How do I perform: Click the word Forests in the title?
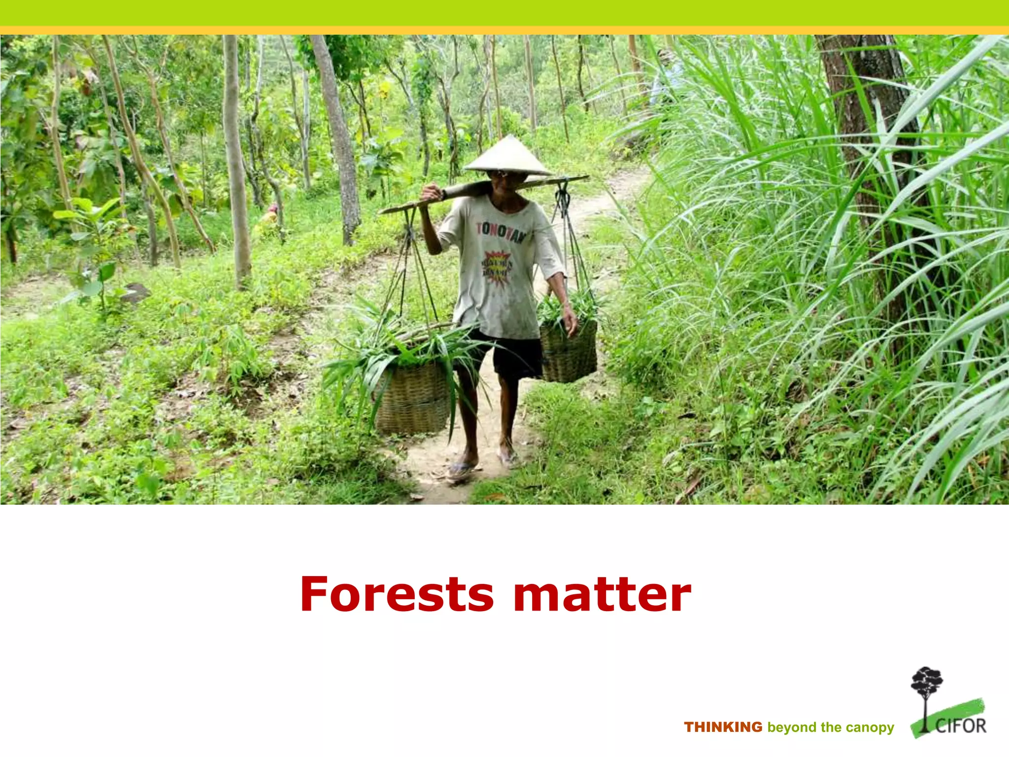click(x=397, y=594)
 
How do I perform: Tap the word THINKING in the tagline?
click(x=723, y=727)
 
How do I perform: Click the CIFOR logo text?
click(x=961, y=725)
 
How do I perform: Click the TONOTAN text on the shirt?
click(x=501, y=232)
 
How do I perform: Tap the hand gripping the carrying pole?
click(x=432, y=193)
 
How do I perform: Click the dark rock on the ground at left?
click(x=135, y=293)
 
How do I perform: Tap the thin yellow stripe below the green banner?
click(x=504, y=31)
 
